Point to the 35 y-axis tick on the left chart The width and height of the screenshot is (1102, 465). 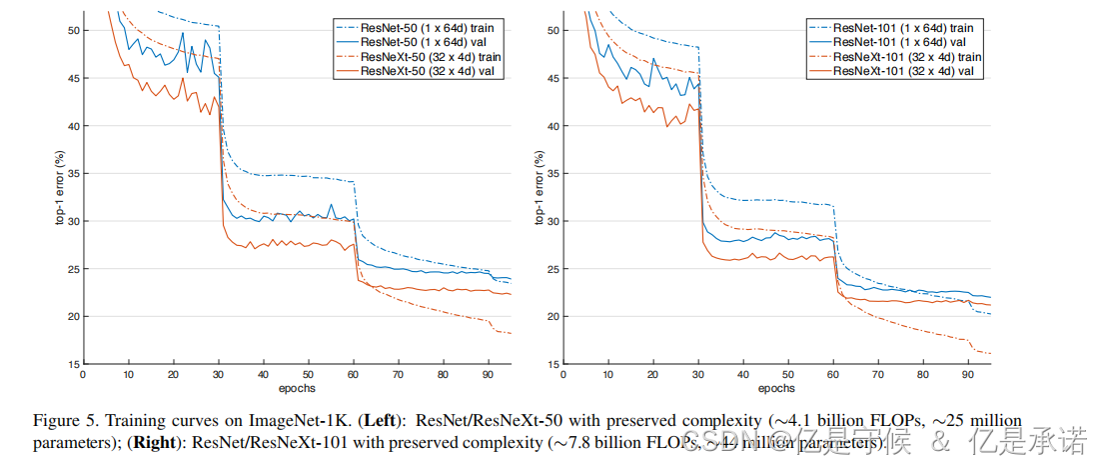coord(72,174)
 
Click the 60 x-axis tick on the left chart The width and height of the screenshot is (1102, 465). coord(353,375)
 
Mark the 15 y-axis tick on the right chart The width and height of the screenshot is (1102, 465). coord(552,364)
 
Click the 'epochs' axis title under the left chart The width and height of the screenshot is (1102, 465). coord(297,388)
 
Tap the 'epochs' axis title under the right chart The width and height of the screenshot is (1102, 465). coord(777,388)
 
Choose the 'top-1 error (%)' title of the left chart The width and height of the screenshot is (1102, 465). coord(58,187)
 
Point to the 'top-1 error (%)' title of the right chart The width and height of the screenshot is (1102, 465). coord(540,187)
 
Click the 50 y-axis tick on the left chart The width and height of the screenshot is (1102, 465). coord(72,31)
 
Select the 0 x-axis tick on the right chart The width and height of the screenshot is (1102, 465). coord(563,375)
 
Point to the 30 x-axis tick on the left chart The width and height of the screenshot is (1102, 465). coord(218,375)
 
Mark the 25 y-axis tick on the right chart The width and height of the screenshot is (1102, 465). coord(552,269)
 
